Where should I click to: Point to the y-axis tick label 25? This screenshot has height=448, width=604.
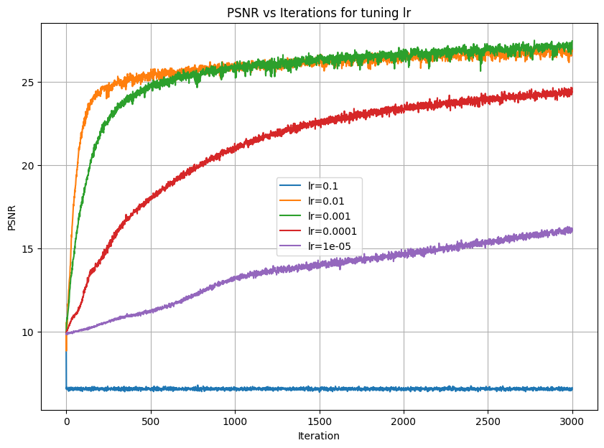29,83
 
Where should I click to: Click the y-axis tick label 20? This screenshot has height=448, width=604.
29,166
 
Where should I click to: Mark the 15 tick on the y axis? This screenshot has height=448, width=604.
29,249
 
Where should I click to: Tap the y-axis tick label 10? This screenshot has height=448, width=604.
29,332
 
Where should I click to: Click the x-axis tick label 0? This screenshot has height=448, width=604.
66,421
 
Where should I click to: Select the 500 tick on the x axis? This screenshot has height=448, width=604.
151,421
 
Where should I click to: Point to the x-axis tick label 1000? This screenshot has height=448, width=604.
235,421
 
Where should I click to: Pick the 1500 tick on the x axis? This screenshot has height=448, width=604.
319,421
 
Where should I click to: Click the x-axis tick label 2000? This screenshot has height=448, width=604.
404,421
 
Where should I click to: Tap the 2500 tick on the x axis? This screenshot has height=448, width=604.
488,421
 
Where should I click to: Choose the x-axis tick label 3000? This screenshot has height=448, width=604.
572,421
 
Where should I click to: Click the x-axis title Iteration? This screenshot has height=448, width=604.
318,436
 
